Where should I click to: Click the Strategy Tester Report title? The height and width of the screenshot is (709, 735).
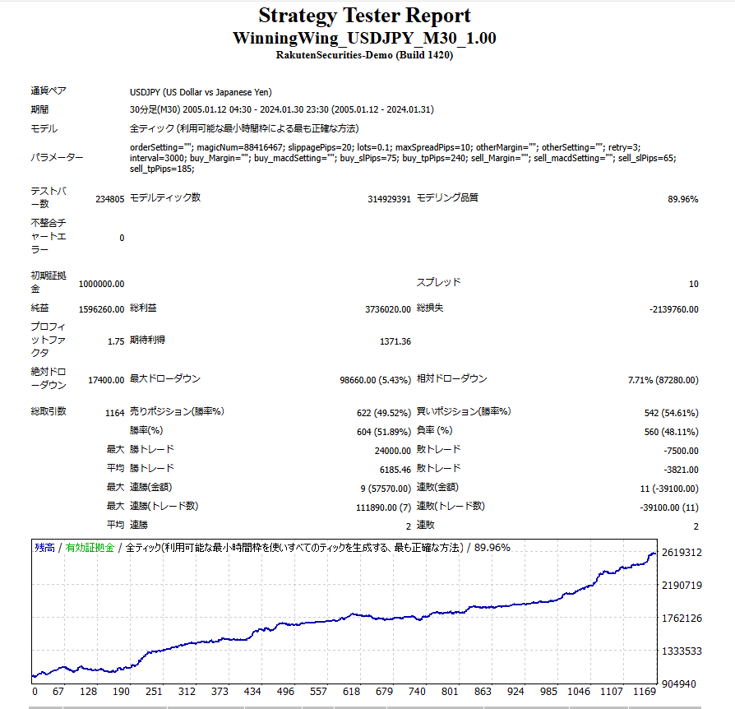tap(364, 16)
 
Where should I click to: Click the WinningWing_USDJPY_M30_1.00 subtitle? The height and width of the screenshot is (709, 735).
tap(364, 39)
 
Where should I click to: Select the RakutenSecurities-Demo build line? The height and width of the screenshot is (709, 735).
tap(364, 55)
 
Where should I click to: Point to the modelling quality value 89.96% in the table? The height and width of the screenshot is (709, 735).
tap(682, 199)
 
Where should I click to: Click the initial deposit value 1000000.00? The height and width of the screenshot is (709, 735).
tap(102, 284)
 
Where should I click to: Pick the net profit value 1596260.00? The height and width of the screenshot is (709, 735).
tap(102, 309)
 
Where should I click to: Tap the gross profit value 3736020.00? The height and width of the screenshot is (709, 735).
tap(387, 309)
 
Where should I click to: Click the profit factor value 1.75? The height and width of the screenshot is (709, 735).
tap(116, 341)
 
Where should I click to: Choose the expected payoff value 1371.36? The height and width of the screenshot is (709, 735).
tap(395, 341)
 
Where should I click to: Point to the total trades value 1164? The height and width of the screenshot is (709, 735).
tap(114, 412)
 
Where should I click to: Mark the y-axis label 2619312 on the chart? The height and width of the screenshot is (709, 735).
tap(682, 553)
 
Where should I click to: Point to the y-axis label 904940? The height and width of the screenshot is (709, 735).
tap(685, 684)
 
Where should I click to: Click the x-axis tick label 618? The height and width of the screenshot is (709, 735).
tap(351, 692)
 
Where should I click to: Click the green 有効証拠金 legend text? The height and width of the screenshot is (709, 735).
tap(90, 547)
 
